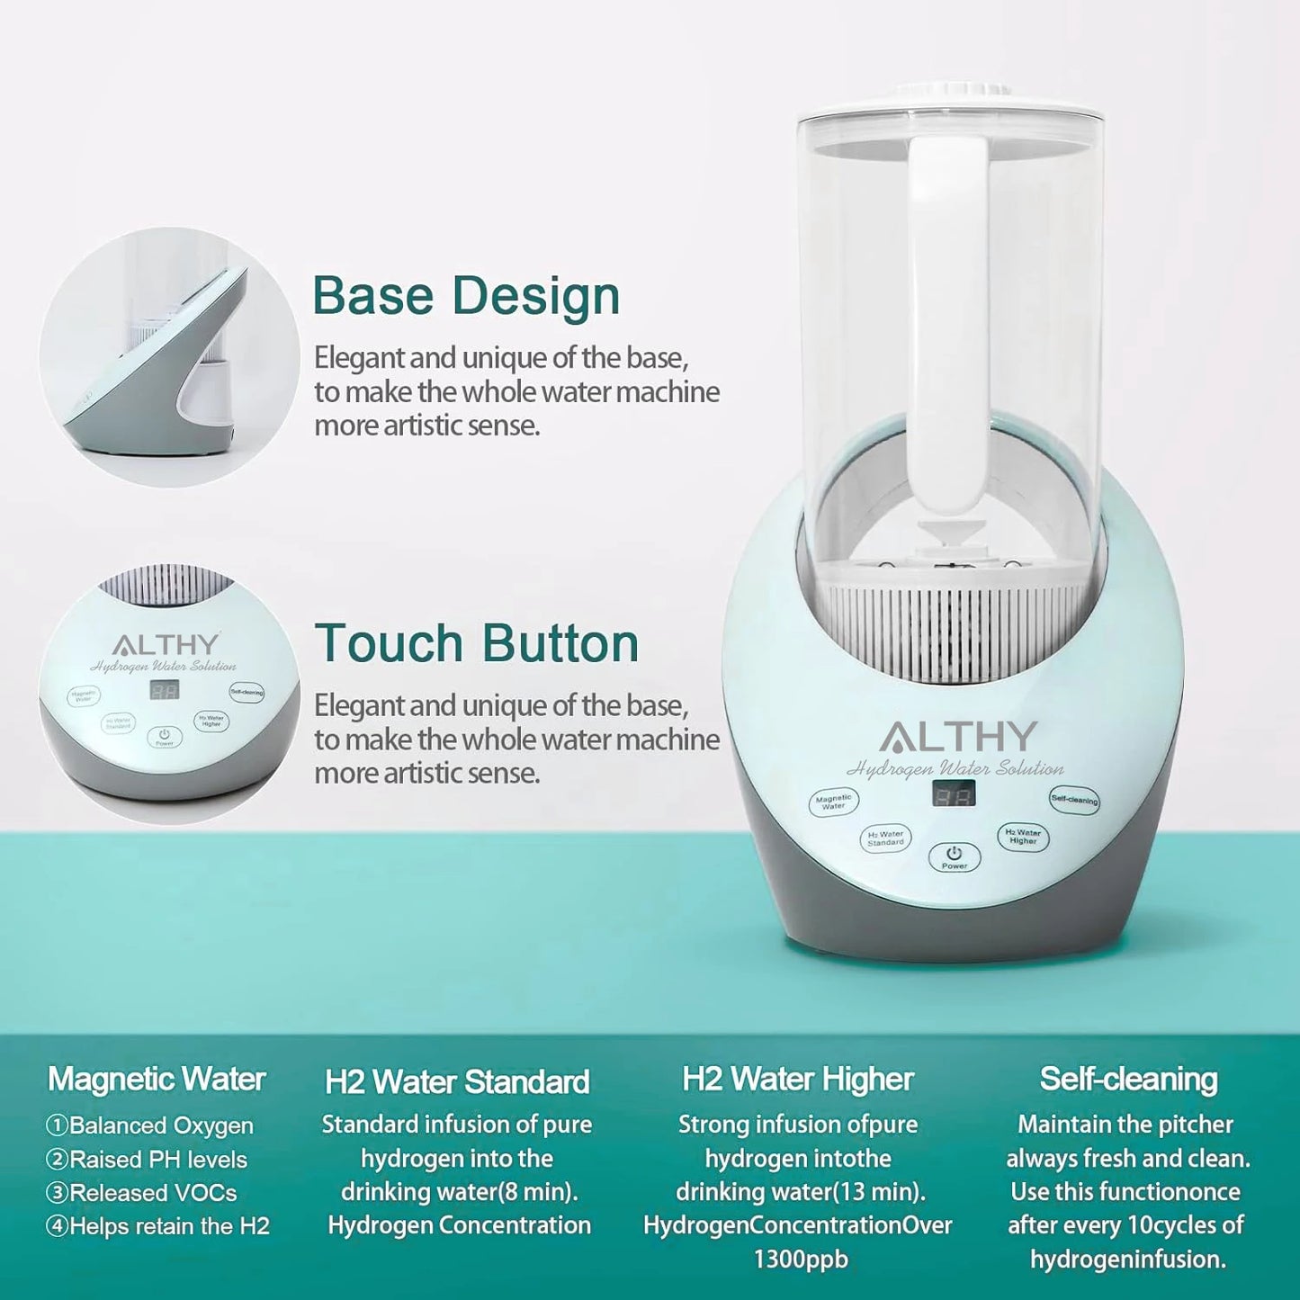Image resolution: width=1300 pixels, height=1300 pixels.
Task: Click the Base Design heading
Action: (466, 296)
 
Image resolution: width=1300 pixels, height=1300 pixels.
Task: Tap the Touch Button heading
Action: (477, 643)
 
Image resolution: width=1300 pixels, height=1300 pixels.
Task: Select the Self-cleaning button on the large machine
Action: (1074, 799)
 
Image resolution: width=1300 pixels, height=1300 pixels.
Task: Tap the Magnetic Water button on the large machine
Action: (834, 801)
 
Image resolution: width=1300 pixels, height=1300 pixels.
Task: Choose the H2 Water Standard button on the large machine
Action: (885, 838)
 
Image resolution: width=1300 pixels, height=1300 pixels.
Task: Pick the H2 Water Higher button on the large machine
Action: (1023, 837)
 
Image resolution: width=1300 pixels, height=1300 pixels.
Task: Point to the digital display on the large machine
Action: (953, 794)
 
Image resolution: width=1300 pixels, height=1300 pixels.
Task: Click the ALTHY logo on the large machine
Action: (958, 737)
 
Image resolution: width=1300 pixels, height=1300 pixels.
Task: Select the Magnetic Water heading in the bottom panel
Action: (157, 1079)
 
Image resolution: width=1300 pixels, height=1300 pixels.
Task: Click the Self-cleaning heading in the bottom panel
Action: (1128, 1079)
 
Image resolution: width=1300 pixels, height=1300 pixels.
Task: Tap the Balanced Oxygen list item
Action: (150, 1125)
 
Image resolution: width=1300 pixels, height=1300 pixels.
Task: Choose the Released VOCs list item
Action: (142, 1193)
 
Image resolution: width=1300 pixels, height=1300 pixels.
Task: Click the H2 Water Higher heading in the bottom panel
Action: (798, 1079)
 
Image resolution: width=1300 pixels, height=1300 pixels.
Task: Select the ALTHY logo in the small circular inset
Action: (166, 645)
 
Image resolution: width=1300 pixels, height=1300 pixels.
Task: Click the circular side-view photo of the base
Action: (169, 357)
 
